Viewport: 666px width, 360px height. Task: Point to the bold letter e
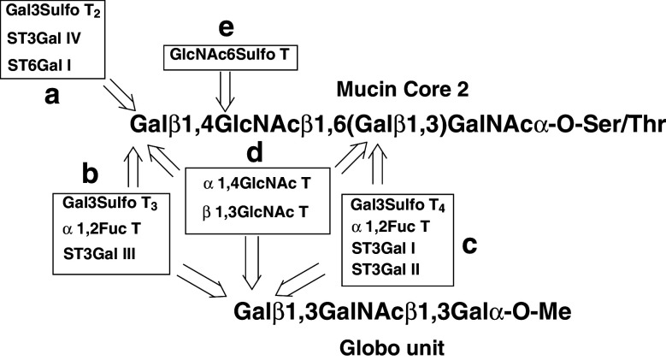coord(225,27)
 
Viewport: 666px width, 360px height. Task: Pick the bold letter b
coord(91,174)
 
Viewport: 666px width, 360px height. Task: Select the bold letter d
coord(250,153)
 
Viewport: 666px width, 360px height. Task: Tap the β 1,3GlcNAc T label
coord(256,211)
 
